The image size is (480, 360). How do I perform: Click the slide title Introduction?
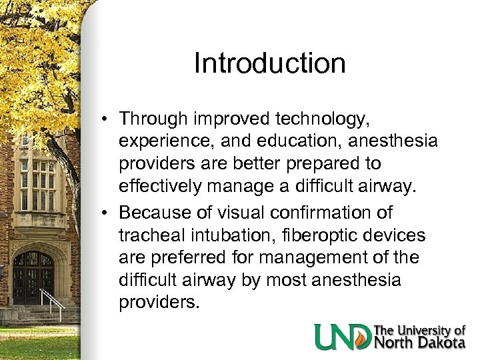pyautogui.click(x=269, y=64)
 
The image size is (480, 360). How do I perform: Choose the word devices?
pyautogui.click(x=397, y=235)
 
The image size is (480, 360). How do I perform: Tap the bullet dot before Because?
pyautogui.click(x=107, y=213)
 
